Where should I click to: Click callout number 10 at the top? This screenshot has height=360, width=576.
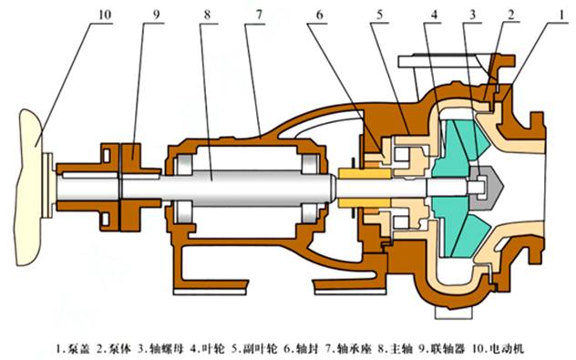pyautogui.click(x=105, y=15)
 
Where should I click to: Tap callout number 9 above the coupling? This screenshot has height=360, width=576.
pyautogui.click(x=157, y=15)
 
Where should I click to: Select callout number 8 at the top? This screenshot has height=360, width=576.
pyautogui.click(x=208, y=15)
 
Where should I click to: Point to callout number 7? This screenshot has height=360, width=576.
pyautogui.click(x=259, y=15)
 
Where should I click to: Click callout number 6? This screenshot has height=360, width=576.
pyautogui.click(x=319, y=15)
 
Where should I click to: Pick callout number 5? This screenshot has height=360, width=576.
pyautogui.click(x=379, y=15)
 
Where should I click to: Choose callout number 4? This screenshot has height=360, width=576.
pyautogui.click(x=435, y=15)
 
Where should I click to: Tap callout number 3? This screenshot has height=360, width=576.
pyautogui.click(x=472, y=15)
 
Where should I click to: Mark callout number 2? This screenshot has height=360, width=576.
pyautogui.click(x=510, y=15)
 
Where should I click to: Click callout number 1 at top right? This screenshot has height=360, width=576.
pyautogui.click(x=561, y=15)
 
